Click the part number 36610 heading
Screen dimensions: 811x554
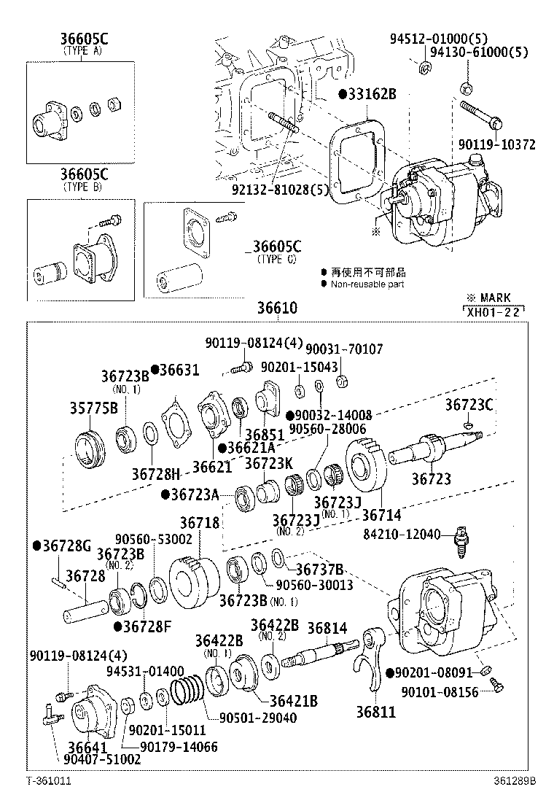(x=277, y=309)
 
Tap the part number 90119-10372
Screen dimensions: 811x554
(x=497, y=145)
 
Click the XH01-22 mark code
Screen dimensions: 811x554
(x=493, y=311)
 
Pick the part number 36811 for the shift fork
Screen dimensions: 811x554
(x=375, y=711)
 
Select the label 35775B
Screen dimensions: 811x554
(x=94, y=408)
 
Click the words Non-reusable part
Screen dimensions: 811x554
(x=367, y=284)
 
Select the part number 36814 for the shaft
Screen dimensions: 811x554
(x=327, y=627)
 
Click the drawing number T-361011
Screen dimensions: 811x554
(x=48, y=780)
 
